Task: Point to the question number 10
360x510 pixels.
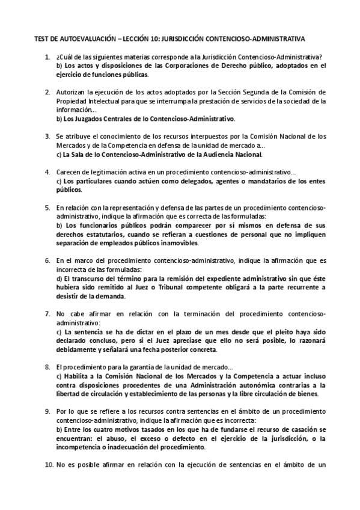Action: pyautogui.click(x=49, y=465)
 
